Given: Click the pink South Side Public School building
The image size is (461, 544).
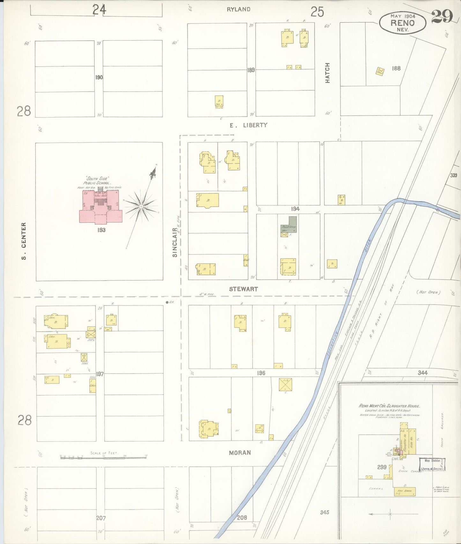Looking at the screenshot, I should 100,208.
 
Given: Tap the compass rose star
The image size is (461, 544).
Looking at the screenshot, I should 141,207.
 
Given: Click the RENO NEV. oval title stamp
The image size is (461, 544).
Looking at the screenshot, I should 402,23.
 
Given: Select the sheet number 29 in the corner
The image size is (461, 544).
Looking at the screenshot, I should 442,17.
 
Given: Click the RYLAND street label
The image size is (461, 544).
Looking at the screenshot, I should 238,9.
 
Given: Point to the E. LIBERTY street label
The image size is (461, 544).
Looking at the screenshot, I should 249,125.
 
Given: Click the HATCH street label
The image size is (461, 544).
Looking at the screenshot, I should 327,73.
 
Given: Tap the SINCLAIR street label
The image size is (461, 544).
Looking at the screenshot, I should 175,243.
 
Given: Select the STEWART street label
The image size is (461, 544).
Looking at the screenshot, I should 243,289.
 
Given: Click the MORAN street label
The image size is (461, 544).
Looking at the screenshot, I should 240,453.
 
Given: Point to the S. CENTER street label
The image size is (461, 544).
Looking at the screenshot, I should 24,241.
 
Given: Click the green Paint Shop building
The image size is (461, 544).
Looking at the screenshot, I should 289,225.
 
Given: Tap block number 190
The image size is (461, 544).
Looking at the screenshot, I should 99,77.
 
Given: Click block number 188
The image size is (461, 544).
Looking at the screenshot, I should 396,68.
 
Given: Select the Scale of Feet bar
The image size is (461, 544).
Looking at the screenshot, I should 104,457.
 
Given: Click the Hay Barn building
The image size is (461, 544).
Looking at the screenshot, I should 405,492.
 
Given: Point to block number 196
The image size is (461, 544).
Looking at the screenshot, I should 261,373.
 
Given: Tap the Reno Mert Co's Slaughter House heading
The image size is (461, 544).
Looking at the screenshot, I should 389,406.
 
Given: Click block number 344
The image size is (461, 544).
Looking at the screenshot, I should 423,373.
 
